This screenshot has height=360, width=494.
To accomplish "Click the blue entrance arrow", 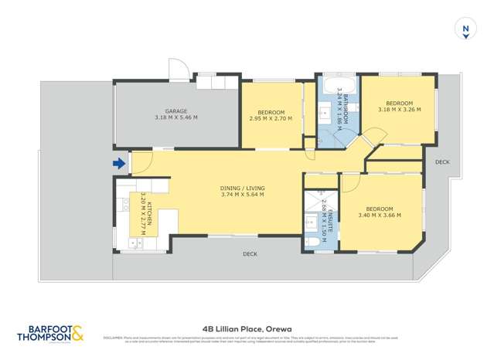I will tap(118, 163).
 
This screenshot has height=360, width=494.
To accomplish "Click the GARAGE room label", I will tap(176, 110).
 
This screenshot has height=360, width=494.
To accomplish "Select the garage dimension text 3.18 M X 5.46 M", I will tap(176, 117).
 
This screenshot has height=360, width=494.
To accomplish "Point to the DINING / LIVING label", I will tap(242, 187).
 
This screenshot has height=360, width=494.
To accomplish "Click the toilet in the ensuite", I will tap(313, 242).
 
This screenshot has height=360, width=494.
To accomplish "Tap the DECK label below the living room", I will tap(250, 253).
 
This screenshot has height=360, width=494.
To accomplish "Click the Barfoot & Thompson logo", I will tap(49, 334).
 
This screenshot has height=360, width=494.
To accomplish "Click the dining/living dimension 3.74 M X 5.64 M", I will tap(242, 194).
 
